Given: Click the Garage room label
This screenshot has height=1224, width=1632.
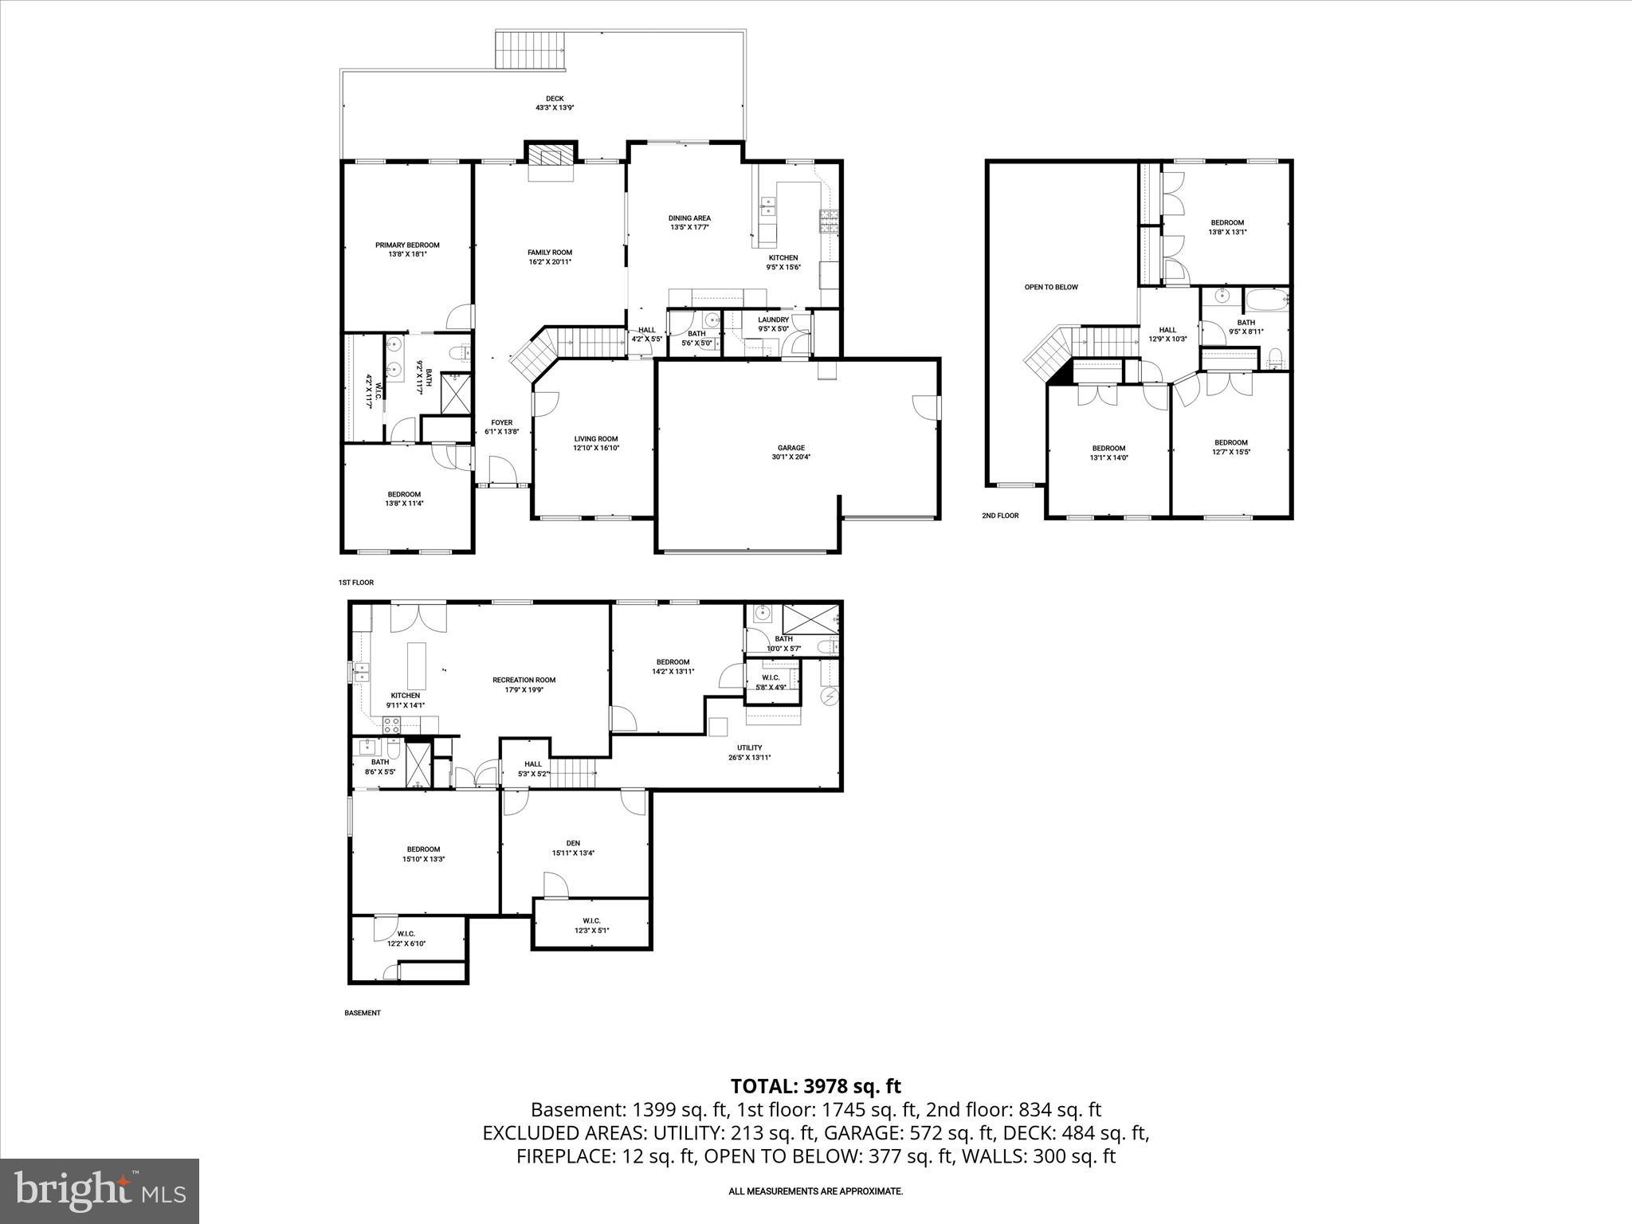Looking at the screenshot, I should point(791,453).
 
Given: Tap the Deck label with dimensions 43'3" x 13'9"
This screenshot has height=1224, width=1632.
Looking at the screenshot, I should point(555,103).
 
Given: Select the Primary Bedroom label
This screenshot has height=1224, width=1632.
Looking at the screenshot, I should point(407,249).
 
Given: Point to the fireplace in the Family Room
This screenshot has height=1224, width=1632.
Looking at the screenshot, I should point(550,155).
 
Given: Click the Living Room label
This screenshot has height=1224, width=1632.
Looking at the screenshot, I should point(596,443).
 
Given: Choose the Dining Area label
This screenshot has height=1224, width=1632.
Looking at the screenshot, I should point(689,222).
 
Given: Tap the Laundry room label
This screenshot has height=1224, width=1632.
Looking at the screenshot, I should point(773,324).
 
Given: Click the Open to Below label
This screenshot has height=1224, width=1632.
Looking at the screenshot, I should point(1051,287).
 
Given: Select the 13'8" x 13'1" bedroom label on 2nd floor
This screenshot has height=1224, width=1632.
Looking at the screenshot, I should point(1227,227).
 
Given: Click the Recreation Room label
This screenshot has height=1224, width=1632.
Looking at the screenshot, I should point(524,685).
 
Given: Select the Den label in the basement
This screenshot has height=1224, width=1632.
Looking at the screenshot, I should point(573,848).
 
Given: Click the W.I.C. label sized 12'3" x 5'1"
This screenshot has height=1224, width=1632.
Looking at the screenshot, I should point(591,925).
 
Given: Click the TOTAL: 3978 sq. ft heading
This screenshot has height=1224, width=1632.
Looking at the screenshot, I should point(815,1086).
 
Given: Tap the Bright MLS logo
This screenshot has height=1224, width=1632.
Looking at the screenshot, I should point(100,1191).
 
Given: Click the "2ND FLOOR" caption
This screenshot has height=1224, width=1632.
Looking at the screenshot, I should point(1000,516).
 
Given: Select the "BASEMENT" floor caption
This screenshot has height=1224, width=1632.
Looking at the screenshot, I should point(363,1013).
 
